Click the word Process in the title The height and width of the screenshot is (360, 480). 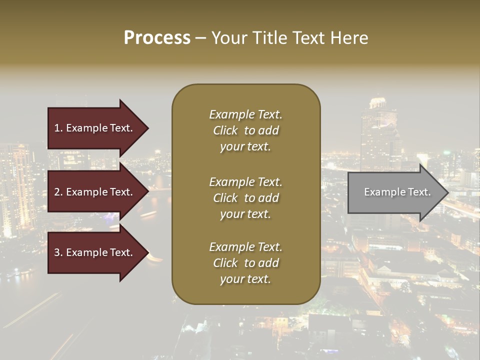coord(157,38)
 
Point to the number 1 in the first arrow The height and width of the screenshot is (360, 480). coord(56,128)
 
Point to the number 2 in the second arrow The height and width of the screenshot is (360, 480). coord(57,192)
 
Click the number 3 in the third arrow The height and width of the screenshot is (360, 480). coord(57,252)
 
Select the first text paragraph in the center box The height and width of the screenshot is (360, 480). coord(245,130)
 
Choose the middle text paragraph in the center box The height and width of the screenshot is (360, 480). coord(245,198)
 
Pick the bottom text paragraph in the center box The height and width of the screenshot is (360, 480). coord(245,263)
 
